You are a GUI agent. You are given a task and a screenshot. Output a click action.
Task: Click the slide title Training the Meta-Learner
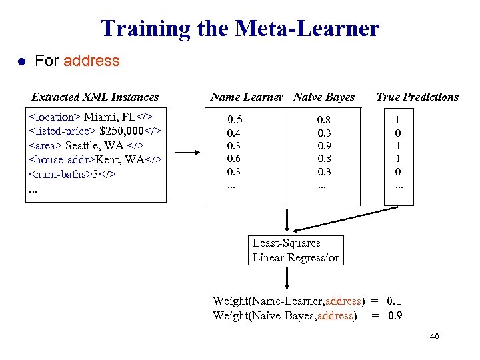click(x=239, y=28)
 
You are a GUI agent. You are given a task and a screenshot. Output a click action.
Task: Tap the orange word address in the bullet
click(x=91, y=61)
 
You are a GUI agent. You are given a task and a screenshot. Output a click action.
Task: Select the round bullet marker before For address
click(x=21, y=61)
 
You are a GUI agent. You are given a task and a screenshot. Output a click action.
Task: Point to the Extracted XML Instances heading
click(x=95, y=97)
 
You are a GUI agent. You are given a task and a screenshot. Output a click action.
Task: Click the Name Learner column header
click(x=247, y=97)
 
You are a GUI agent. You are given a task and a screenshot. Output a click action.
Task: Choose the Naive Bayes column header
click(x=324, y=97)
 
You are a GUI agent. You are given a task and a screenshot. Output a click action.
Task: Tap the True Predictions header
click(x=417, y=97)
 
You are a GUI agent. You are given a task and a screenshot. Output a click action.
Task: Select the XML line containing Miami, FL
click(x=91, y=117)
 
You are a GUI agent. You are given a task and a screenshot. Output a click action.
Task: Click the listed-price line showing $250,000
click(x=94, y=131)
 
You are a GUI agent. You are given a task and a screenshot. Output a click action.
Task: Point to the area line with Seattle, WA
click(x=86, y=145)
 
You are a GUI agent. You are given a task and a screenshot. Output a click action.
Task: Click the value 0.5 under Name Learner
click(x=235, y=120)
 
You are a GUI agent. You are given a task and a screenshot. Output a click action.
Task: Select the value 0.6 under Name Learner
click(x=234, y=159)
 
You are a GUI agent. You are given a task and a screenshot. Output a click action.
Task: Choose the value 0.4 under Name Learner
click(x=234, y=133)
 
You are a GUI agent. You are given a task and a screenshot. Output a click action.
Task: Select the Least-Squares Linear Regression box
click(x=296, y=251)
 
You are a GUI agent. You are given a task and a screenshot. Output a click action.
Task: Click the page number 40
click(x=434, y=337)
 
